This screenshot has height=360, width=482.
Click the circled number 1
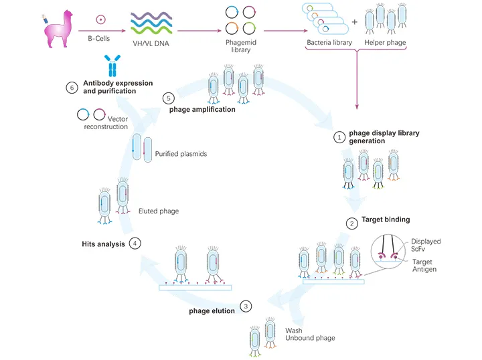coord(339,137)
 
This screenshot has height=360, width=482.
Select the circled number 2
coord(351,223)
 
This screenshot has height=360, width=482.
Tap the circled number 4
coord(136,244)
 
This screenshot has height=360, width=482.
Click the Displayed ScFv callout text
coord(426,246)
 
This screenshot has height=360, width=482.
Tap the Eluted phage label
coord(158,211)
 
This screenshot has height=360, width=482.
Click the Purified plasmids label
coord(181,154)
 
